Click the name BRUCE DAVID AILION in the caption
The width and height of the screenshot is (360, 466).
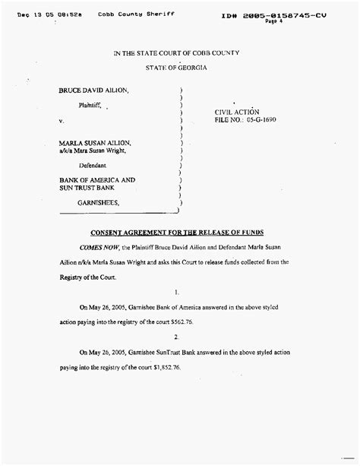[x=94, y=90]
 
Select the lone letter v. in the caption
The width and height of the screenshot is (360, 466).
[x=62, y=121]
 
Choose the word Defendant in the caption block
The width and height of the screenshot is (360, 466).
[x=93, y=165]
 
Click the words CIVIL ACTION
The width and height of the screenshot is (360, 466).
[x=238, y=111]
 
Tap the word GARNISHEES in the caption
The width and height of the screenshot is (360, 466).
[x=98, y=203]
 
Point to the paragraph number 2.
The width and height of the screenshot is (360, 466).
[x=175, y=336]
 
